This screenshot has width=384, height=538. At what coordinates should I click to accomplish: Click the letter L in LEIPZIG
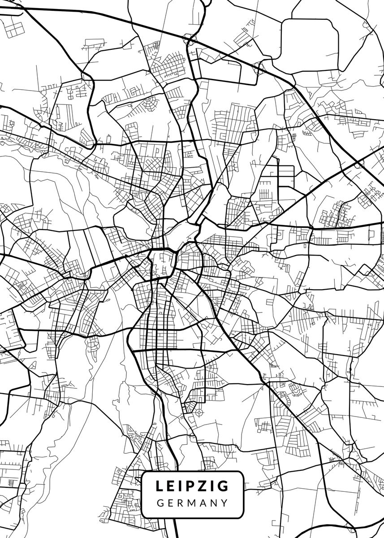click(x=159, y=486)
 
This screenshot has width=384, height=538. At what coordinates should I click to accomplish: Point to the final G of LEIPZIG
click(x=223, y=486)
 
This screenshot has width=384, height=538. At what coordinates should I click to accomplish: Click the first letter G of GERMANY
click(x=160, y=503)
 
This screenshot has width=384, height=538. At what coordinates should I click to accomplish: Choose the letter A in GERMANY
click(x=203, y=503)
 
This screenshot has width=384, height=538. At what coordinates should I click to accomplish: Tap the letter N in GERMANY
click(x=214, y=503)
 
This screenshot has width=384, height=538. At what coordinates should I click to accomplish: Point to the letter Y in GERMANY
click(x=224, y=503)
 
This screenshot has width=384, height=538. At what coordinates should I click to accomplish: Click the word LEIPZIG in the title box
click(x=192, y=486)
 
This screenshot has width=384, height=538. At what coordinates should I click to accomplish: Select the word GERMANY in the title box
click(x=192, y=503)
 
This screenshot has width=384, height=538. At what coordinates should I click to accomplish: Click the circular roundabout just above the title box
click(x=199, y=412)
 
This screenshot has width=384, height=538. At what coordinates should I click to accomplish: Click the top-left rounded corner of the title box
click(x=143, y=473)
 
